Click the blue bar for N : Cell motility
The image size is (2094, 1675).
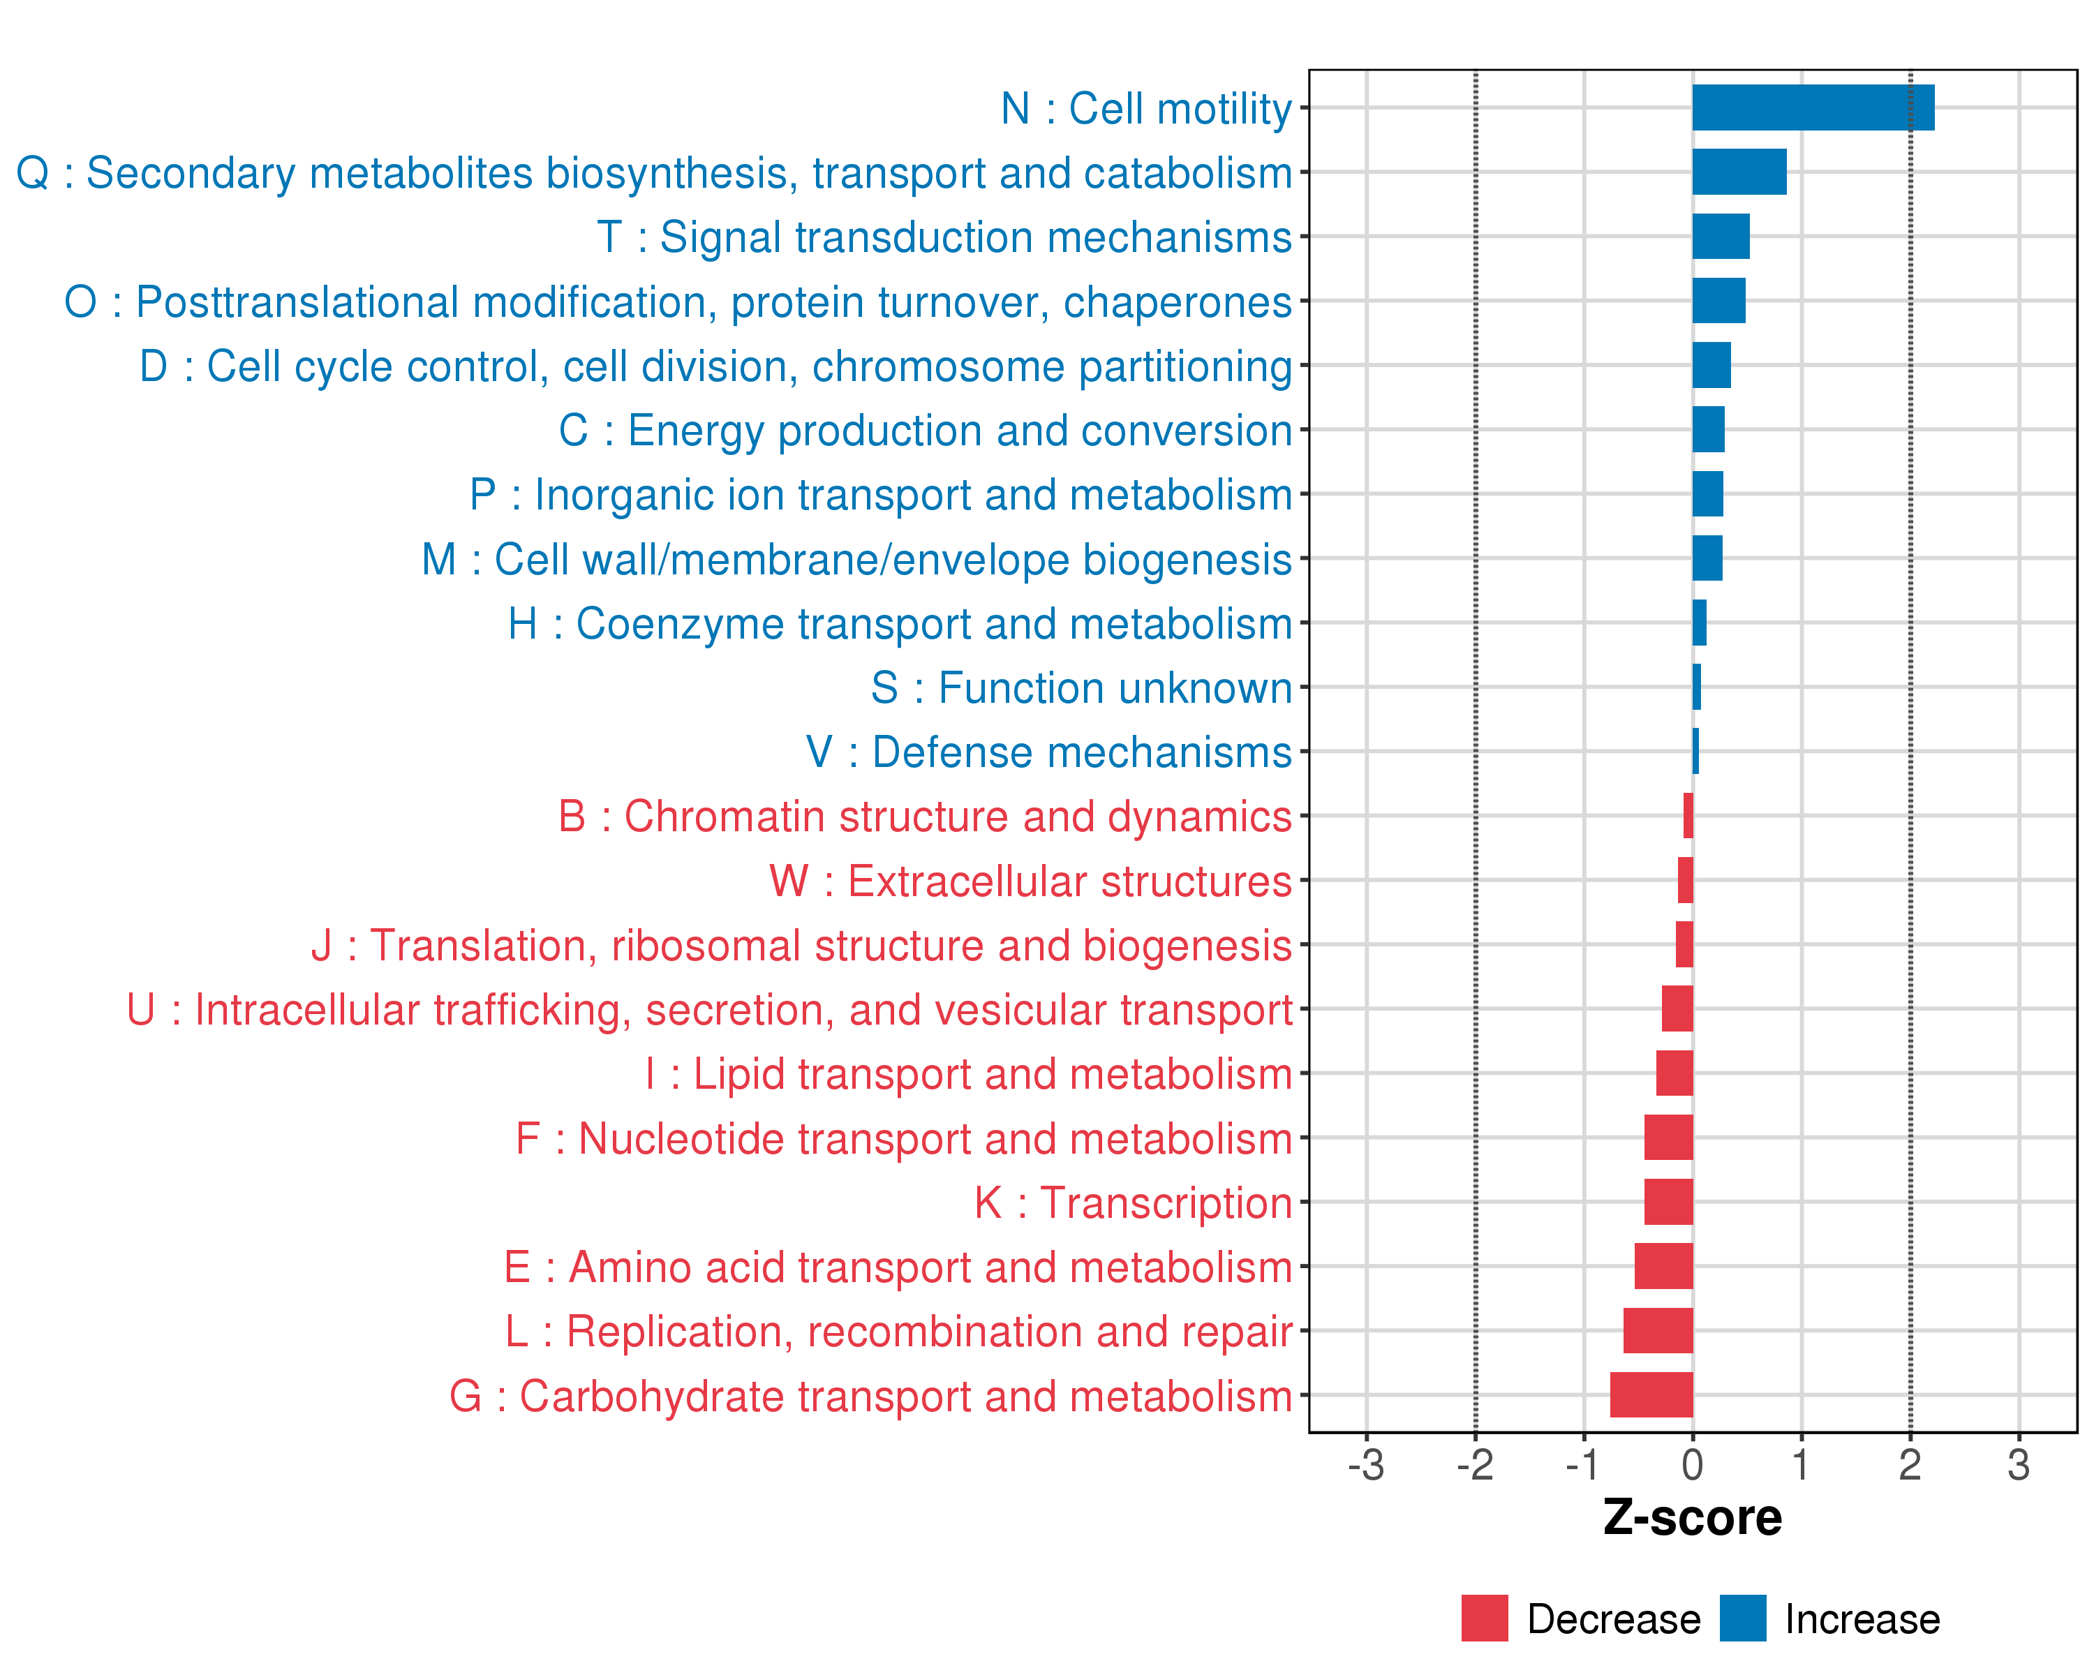tap(1812, 107)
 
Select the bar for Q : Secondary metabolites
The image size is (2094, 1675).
tap(1739, 172)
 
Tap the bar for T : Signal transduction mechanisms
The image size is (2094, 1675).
tap(1720, 236)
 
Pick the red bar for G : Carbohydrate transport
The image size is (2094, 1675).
tap(1651, 1394)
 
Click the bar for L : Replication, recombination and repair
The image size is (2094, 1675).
tap(1658, 1330)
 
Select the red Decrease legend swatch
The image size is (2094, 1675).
tap(1484, 1618)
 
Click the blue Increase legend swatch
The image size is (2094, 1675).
tap(1742, 1618)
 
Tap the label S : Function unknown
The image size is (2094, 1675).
tap(1081, 688)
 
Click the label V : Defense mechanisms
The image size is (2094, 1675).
tap(1049, 752)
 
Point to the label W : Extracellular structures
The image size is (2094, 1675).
tap(1030, 881)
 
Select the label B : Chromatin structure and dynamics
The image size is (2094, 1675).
tap(925, 817)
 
